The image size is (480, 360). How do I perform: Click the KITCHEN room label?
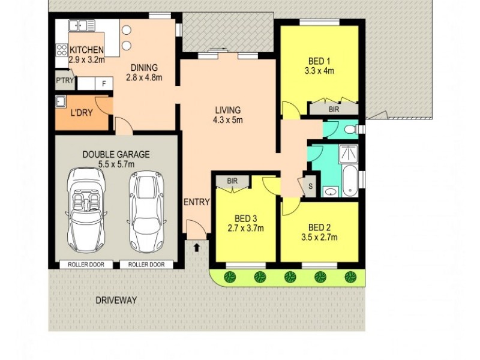click(87, 50)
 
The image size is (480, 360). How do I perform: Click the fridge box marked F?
click(104, 83)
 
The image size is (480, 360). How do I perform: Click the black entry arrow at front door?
click(197, 246)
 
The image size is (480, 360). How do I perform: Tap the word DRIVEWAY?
click(115, 299)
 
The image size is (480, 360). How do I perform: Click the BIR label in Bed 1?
click(334, 110)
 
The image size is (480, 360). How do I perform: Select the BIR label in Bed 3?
click(232, 181)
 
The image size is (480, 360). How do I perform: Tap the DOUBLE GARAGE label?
click(116, 154)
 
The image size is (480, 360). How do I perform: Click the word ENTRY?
click(197, 202)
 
